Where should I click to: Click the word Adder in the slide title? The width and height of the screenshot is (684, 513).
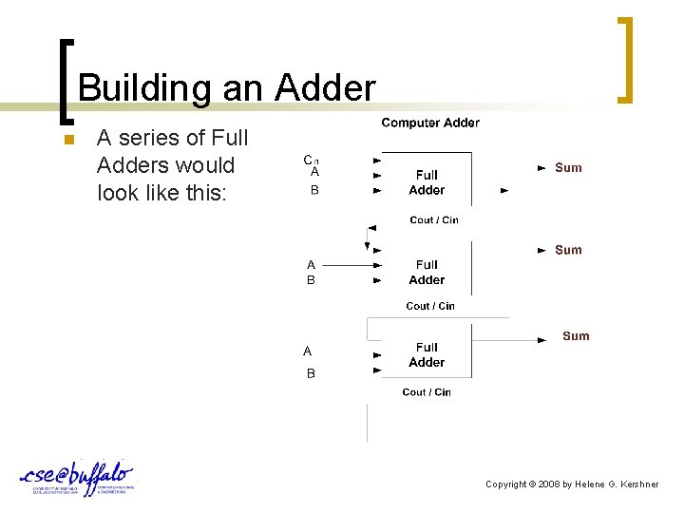click(x=325, y=89)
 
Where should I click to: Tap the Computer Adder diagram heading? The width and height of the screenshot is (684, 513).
click(x=430, y=123)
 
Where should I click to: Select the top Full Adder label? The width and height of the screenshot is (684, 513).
click(x=427, y=182)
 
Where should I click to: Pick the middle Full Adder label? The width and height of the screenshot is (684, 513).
click(x=427, y=272)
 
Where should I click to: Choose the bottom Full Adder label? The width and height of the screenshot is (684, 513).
click(x=427, y=354)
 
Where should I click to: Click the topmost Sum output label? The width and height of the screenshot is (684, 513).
click(x=568, y=168)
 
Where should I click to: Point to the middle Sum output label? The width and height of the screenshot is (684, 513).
click(x=568, y=250)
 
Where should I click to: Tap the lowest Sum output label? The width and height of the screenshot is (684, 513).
click(x=576, y=336)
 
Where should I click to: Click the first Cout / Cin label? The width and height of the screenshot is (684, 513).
click(x=434, y=220)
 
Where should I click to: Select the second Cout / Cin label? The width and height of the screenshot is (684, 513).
click(x=430, y=306)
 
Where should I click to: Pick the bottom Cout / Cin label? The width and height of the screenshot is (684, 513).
click(x=427, y=392)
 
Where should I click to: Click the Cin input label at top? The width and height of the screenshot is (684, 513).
click(x=310, y=160)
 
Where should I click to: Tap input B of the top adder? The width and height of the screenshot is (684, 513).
click(x=314, y=190)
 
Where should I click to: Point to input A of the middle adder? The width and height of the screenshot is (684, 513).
click(x=311, y=265)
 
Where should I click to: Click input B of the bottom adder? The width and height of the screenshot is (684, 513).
click(x=311, y=374)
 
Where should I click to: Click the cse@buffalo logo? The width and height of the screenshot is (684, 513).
click(x=76, y=478)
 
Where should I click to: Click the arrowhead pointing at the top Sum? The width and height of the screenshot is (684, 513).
click(x=541, y=167)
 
